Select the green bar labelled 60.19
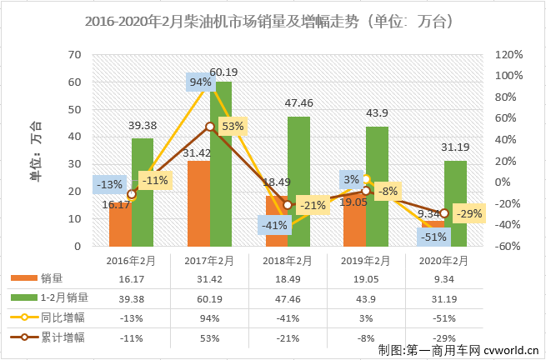[220, 167]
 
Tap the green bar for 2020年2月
[454, 203]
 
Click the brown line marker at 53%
[210, 127]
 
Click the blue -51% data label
[433, 236]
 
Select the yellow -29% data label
[472, 214]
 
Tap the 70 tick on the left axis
[74, 55]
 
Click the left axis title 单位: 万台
[36, 150]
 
